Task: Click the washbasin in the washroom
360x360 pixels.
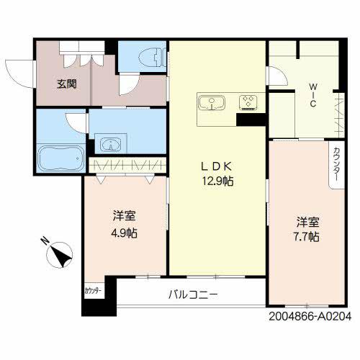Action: coord(109,143)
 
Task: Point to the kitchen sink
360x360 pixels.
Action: coord(213,102)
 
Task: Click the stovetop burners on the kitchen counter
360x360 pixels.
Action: coord(249,102)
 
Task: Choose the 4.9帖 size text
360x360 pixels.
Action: coord(125,233)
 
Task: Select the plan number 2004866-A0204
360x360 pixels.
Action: coord(310,315)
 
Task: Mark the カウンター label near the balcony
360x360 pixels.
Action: coord(93,290)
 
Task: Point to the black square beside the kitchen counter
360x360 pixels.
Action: coord(251,120)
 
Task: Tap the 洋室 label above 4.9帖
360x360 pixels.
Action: coord(125,216)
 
